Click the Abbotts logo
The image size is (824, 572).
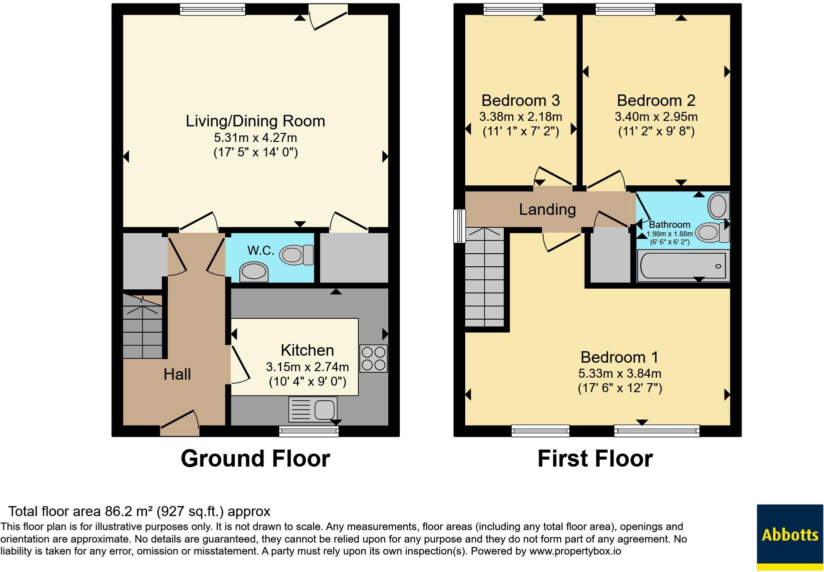790,538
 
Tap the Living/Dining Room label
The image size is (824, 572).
255,121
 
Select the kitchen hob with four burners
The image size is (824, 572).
373,359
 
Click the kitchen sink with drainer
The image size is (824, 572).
313,409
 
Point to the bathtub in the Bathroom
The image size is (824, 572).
683,266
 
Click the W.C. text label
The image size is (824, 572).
261,250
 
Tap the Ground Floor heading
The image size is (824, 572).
255,459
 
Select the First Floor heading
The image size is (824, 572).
595,459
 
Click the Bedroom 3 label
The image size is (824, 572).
521,100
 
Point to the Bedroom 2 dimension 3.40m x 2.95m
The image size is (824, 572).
656,116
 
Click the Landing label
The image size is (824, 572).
547,209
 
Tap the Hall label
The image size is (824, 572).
177,374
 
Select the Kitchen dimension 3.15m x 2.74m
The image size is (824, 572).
307,367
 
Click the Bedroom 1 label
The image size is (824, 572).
620,357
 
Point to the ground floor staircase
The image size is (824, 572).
142,326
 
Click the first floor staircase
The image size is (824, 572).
485,277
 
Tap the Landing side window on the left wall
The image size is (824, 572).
459,226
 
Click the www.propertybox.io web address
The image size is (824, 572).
575,551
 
